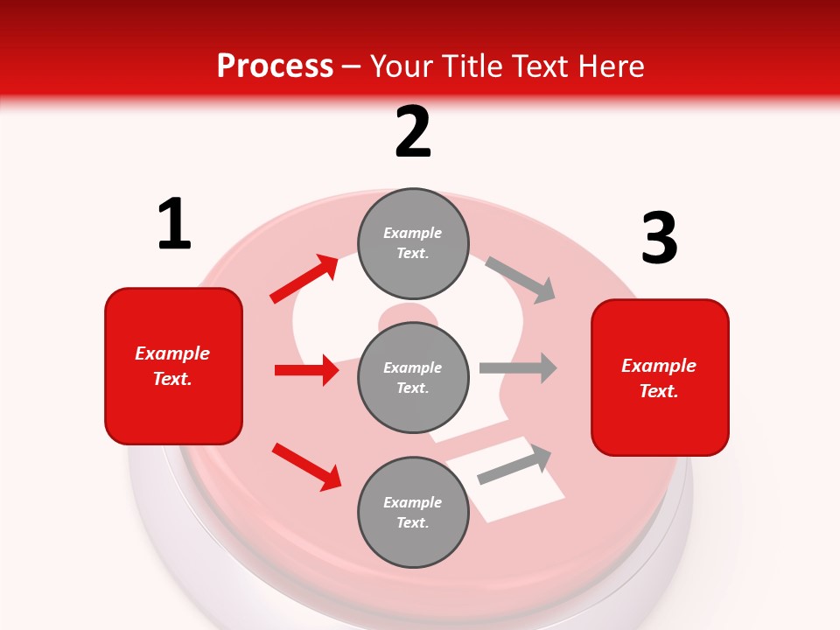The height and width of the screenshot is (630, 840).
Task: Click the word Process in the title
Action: pos(275,66)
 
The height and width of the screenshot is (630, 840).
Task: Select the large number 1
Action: pos(173,225)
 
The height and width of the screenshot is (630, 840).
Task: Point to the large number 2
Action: pos(413,133)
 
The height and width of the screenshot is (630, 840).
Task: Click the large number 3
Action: pos(659,239)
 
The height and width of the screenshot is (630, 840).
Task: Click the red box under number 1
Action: pos(173,366)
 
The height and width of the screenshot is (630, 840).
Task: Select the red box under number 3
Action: pos(660,377)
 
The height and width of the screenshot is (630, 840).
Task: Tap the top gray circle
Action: pos(413,243)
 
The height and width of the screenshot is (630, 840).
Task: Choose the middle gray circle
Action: pos(413,377)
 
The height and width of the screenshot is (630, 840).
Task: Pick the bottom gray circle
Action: pos(413,512)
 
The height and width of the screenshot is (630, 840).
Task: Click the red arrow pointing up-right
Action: pos(304,279)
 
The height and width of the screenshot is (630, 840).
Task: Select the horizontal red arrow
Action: pos(306,370)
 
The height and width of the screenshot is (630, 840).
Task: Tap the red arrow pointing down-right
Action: pos(306,465)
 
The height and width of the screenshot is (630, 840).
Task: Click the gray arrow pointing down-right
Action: pos(521,280)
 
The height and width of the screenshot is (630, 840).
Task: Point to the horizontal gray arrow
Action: pos(518,367)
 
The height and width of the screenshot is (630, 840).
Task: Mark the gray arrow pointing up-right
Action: pos(514,465)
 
